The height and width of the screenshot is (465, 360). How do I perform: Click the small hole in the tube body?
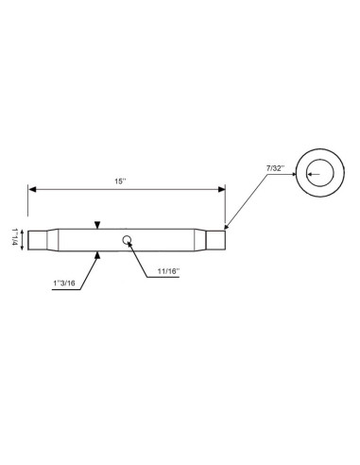coord(127,239)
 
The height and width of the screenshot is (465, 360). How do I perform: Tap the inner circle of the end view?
coord(319,173)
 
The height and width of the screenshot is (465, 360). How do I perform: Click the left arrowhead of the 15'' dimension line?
coord(31,190)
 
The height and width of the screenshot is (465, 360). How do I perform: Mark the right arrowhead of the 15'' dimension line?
coord(222,190)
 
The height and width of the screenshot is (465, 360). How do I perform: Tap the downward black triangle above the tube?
coord(97,224)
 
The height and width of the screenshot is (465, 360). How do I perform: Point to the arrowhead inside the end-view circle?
coord(307,172)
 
